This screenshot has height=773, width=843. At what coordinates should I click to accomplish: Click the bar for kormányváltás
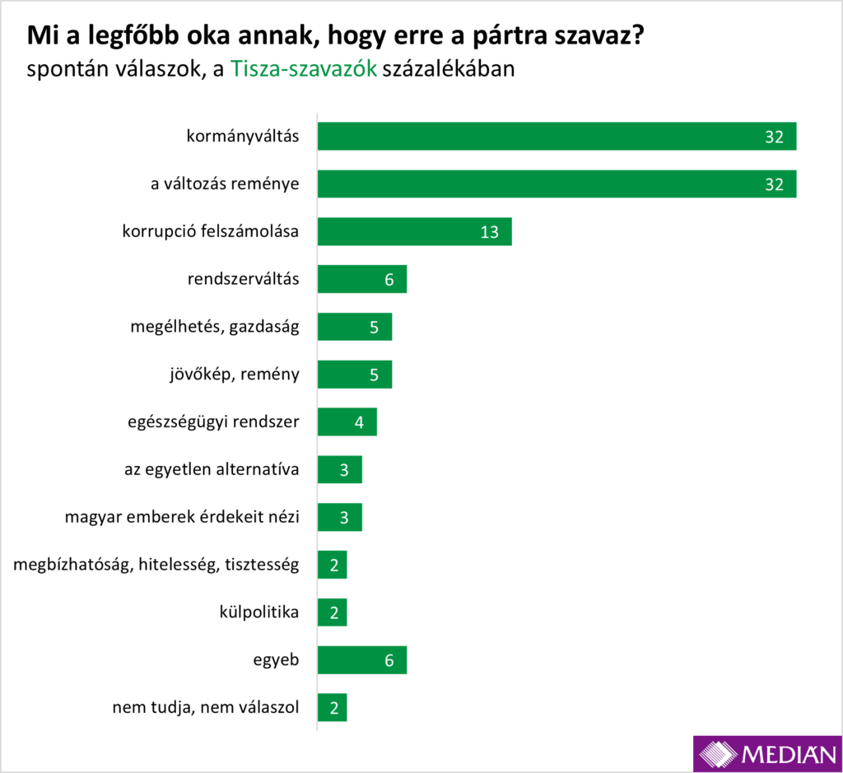pos(557,136)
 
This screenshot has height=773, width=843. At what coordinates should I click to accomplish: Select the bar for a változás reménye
pos(557,184)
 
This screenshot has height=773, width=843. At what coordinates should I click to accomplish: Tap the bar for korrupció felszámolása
pos(414,231)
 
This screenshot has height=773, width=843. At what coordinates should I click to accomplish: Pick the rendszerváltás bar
pos(361,279)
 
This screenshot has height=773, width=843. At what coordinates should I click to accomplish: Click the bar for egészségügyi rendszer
pos(347,422)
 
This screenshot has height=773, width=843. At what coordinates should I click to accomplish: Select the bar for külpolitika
pos(332,612)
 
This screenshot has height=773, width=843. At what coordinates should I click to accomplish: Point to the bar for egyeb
pos(361,659)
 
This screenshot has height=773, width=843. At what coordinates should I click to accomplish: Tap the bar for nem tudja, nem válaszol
pos(332,707)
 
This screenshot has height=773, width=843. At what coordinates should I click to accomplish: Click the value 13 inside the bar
pos(490,232)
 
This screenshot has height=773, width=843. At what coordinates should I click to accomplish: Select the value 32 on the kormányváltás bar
pos(773,137)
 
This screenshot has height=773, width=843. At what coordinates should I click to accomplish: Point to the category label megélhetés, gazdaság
pos(214,327)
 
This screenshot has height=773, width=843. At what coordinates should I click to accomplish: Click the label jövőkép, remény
pos(229,375)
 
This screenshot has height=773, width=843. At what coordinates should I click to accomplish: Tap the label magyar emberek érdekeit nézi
pos(182,518)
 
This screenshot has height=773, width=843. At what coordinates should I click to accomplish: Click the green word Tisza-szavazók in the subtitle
pos(304,69)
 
